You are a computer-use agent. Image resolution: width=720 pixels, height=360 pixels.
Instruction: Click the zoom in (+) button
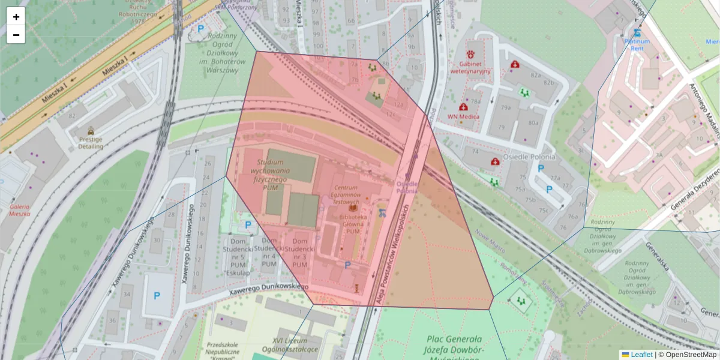(x=16, y=17)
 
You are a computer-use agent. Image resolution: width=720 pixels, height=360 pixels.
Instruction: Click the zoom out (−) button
(x=16, y=35)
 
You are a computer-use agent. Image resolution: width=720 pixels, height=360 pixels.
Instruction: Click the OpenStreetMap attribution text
(x=687, y=355)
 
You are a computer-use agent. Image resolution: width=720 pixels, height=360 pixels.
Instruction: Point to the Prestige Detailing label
(x=86, y=143)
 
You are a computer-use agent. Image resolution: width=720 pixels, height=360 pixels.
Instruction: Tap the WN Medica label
(x=463, y=116)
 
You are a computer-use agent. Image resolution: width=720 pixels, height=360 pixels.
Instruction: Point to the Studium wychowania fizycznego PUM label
(x=274, y=175)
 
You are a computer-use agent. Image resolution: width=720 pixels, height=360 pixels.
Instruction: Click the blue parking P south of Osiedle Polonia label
(x=549, y=190)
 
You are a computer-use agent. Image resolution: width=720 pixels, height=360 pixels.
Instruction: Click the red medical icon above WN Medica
(x=464, y=107)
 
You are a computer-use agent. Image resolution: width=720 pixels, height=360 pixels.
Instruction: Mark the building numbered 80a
(x=533, y=123)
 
